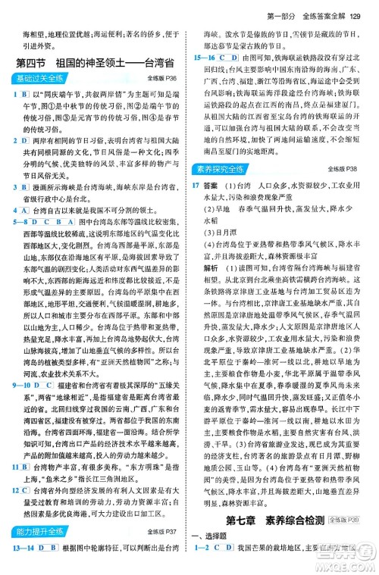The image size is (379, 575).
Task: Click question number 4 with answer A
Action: coord(10,208)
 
